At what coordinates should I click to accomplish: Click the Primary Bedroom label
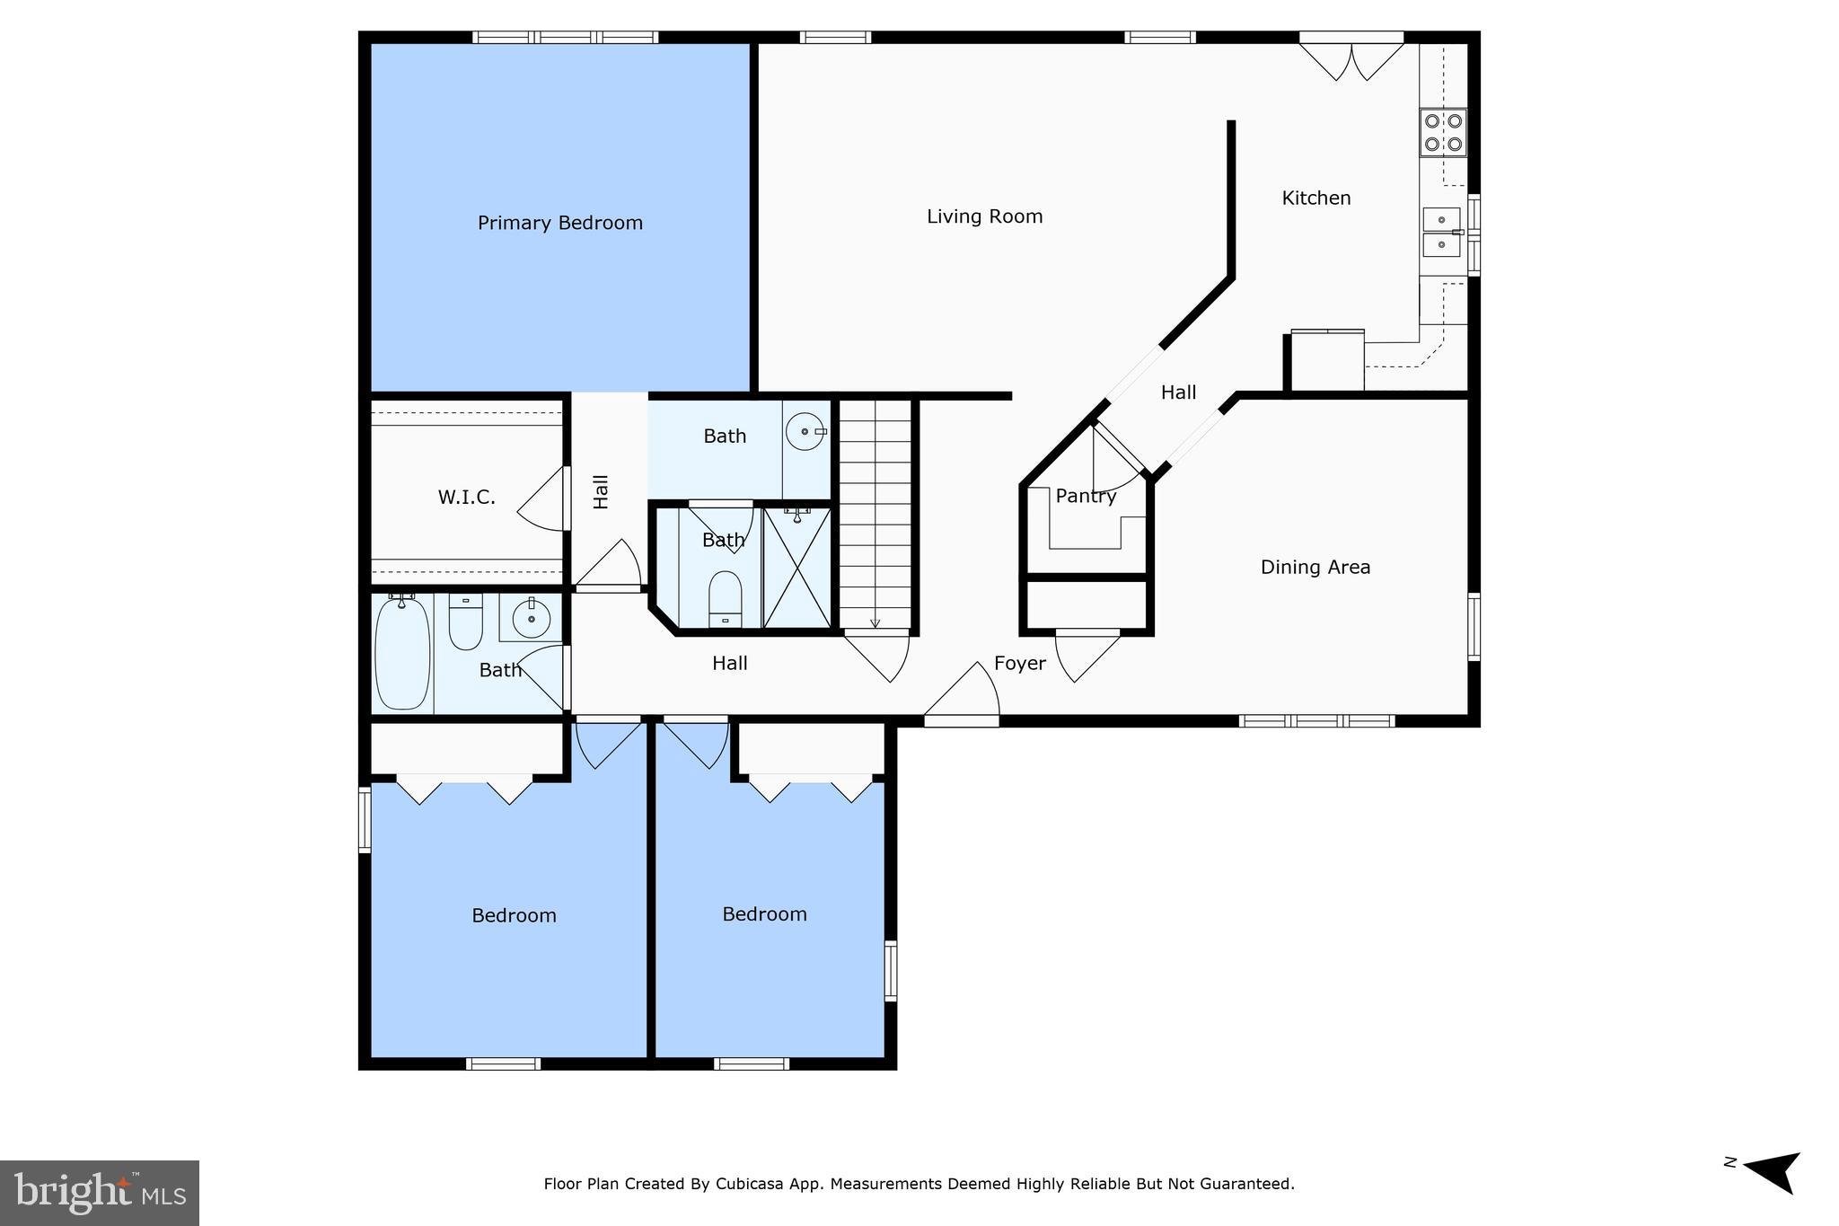pos(560,223)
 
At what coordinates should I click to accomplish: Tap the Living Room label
pos(985,216)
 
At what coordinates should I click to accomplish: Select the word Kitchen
pos(1316,198)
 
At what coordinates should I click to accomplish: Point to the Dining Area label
pos(1315,567)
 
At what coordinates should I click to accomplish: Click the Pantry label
pos(1086,496)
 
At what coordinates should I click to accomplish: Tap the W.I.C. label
pos(466,498)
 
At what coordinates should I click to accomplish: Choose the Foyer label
pos(1020,664)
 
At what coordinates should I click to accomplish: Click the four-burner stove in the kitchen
pos(1443,132)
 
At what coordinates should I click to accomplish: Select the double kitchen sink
pos(1442,232)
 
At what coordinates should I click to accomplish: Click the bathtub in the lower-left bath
pos(402,653)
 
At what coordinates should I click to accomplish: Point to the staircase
pos(876,515)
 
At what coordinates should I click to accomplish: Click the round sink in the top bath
pos(805,432)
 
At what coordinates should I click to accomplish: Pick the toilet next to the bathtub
pos(465,621)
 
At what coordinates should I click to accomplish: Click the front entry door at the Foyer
pos(962,692)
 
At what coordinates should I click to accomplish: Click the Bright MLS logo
pos(100,1193)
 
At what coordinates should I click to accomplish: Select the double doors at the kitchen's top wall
pos(1351,57)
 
